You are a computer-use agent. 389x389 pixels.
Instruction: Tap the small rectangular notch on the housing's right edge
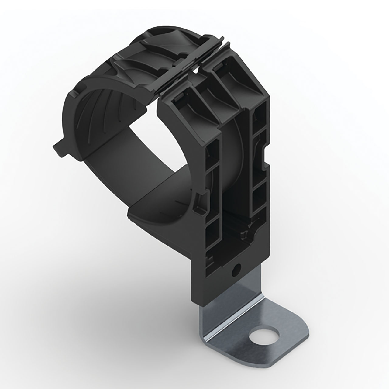click(266, 153)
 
